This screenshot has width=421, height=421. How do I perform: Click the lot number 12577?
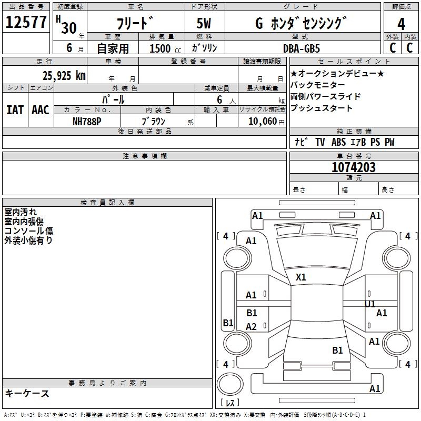(26, 23)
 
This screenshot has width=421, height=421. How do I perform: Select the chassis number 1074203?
(354, 168)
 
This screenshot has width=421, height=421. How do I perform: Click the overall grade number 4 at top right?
(401, 24)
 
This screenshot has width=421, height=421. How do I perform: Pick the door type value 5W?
(205, 24)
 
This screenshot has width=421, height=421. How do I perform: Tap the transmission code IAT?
(15, 109)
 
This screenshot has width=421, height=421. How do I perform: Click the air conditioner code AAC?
(41, 109)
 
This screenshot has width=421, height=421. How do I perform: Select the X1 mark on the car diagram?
(301, 277)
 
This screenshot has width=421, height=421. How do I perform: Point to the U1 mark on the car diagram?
(370, 304)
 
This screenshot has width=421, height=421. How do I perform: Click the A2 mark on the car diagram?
(252, 327)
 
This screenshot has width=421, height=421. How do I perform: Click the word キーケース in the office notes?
(27, 393)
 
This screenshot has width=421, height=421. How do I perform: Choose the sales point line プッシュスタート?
(321, 108)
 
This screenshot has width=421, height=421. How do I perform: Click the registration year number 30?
(69, 27)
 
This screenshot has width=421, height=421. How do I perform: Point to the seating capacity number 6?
(219, 99)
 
